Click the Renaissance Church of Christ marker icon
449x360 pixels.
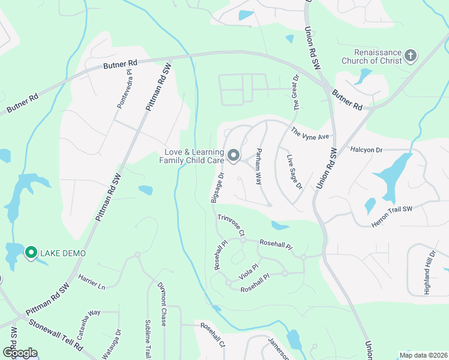pyautogui.click(x=411, y=56)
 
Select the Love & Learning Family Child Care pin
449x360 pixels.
pyautogui.click(x=234, y=157)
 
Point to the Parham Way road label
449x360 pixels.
pyautogui.click(x=259, y=164)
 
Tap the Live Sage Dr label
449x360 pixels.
pyautogui.click(x=294, y=173)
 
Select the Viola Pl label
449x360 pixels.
pyautogui.click(x=248, y=268)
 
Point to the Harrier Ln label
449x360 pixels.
pyautogui.click(x=92, y=282)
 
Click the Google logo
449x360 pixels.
pyautogui.click(x=20, y=352)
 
